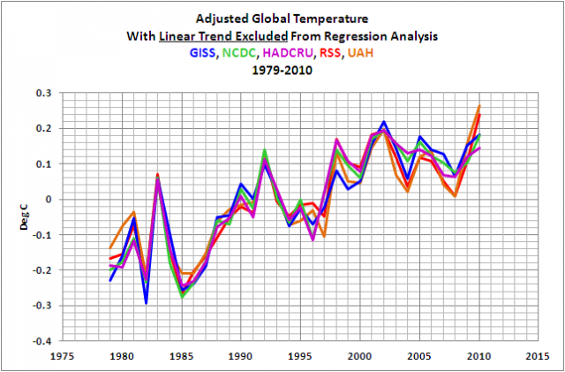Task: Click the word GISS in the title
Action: (202, 53)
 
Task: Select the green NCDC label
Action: (245, 53)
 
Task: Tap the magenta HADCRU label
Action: (301, 53)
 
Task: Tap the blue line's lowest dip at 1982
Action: (146, 302)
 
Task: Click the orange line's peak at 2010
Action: (479, 106)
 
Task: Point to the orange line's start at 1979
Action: (110, 247)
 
